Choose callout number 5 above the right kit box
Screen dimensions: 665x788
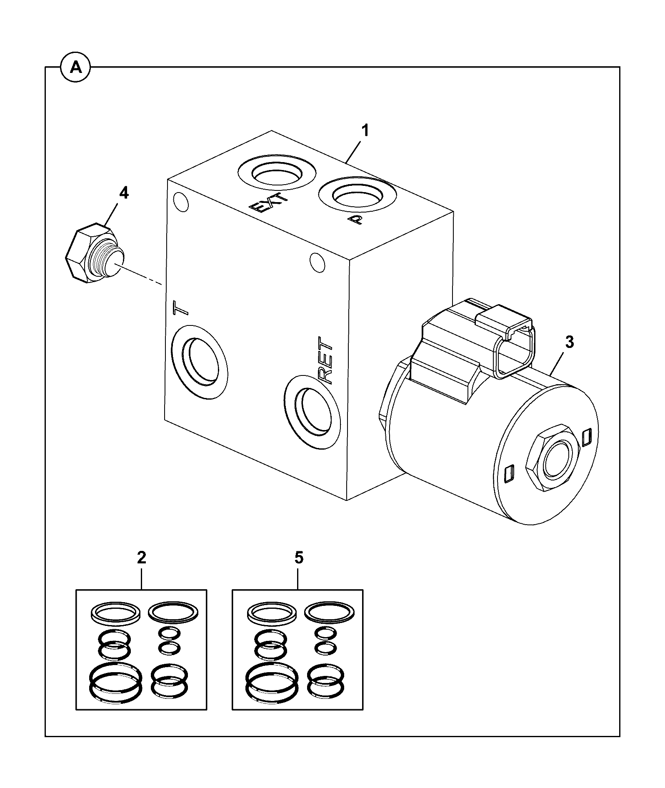[x=298, y=558]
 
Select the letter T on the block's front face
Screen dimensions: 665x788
[x=180, y=308]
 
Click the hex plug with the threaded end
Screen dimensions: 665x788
[x=95, y=255]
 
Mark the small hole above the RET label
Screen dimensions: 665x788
[x=317, y=262]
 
